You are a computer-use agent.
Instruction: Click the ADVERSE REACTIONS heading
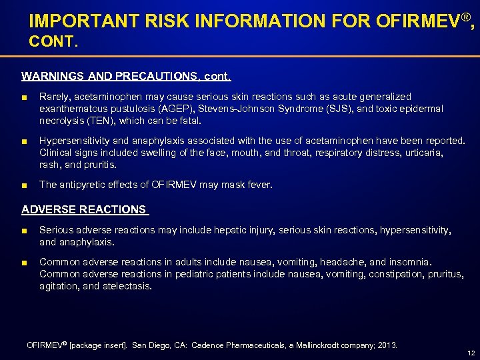pos(83,209)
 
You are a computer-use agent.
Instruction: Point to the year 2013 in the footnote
pos(387,345)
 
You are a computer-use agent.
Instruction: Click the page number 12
pos(471,353)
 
